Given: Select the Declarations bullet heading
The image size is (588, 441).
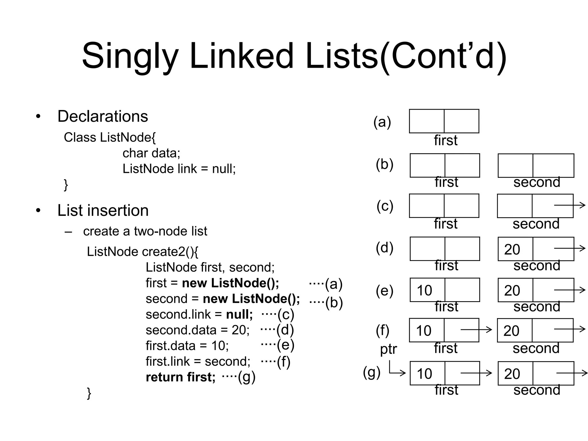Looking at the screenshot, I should click(x=102, y=116).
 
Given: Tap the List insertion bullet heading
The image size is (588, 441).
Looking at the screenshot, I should click(x=103, y=210).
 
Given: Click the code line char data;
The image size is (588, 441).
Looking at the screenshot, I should click(x=151, y=153).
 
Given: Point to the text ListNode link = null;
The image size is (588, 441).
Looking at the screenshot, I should click(x=179, y=169).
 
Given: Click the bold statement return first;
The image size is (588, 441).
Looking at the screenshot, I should click(x=181, y=377).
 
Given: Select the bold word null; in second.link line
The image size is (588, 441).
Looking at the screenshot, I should click(x=239, y=314).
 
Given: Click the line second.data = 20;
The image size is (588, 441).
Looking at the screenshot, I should click(x=198, y=330).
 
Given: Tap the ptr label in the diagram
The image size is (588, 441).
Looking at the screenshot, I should click(x=388, y=349).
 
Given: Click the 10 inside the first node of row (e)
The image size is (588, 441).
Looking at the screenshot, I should click(x=424, y=290).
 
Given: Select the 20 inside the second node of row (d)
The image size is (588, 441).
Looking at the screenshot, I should click(x=512, y=249).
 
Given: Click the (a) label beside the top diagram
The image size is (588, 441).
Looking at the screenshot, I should click(x=382, y=122).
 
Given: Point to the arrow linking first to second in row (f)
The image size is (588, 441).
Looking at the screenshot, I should click(x=476, y=330).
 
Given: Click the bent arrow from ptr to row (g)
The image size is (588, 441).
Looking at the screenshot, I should click(x=396, y=372).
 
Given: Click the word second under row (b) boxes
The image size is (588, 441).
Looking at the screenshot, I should click(x=537, y=182).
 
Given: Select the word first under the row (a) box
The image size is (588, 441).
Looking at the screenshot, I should click(x=446, y=140).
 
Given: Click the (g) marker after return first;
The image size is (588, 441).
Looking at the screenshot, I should click(x=246, y=377).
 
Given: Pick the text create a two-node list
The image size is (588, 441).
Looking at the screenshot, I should click(x=145, y=231).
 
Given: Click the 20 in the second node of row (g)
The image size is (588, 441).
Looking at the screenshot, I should click(x=512, y=374).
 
